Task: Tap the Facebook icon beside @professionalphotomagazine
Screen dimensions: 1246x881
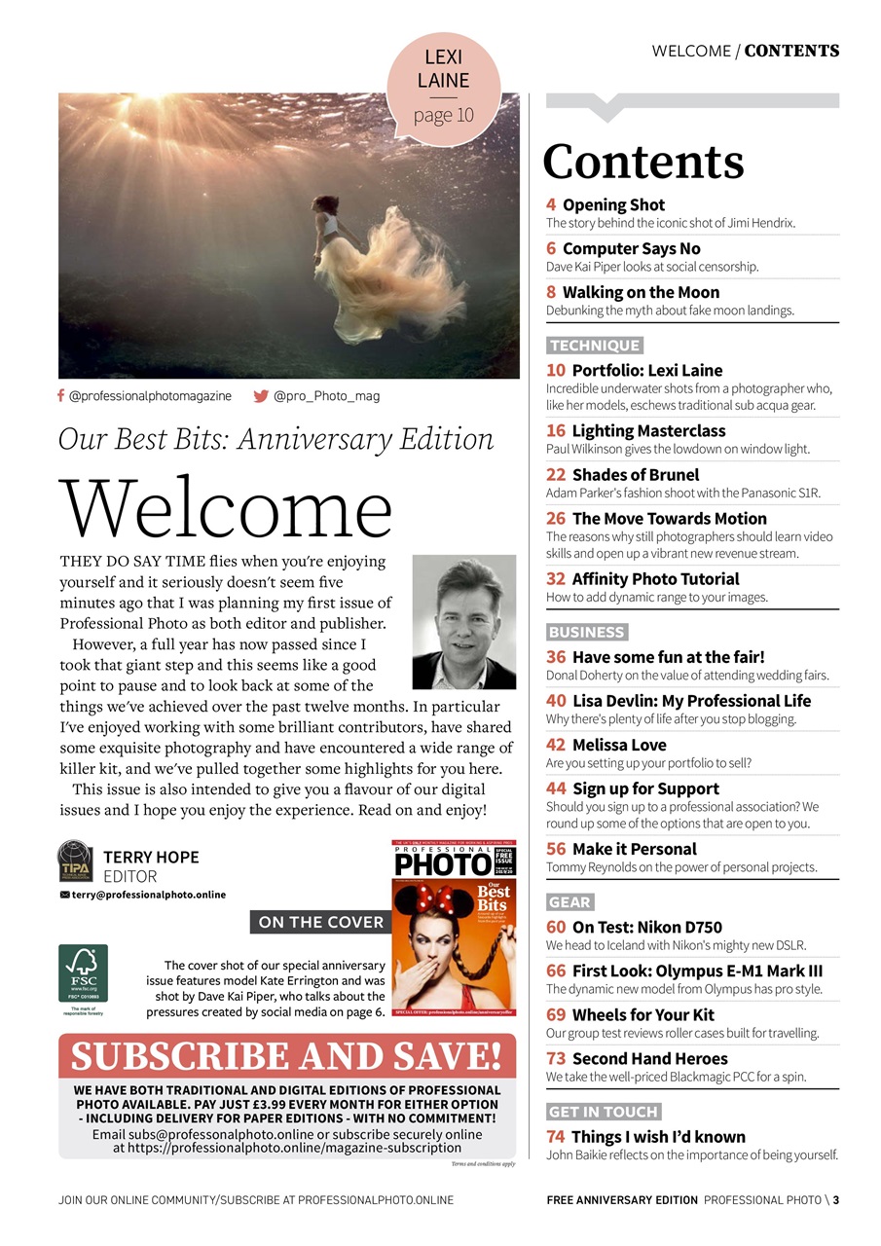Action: coord(61,396)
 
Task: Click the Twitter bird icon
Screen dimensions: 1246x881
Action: coord(261,396)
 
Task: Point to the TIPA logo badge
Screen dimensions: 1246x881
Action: coord(76,862)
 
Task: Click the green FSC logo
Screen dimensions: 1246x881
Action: coord(83,974)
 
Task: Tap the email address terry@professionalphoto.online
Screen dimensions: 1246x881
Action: coord(147,895)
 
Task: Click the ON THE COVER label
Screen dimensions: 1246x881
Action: coord(320,922)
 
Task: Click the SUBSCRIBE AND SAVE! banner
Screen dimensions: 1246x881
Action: coord(287,1056)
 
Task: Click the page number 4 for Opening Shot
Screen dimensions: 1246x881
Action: coord(551,204)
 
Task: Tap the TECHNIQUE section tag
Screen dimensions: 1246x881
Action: coord(594,346)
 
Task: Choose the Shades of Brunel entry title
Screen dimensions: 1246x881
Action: coord(635,475)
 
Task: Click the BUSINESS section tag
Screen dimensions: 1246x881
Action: coord(586,632)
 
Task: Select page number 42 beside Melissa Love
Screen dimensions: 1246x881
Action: coord(556,745)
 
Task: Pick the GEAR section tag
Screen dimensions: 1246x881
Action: coord(570,902)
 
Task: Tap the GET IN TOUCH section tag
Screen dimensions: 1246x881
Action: coord(604,1112)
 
